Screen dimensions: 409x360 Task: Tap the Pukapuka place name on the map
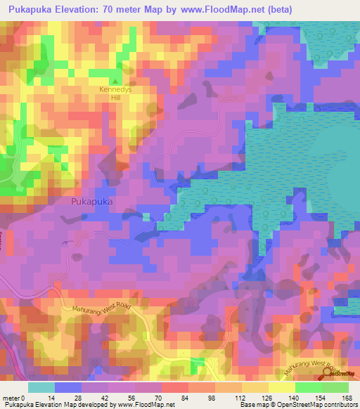coord(91,201)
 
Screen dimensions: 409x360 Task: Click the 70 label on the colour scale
coord(167,397)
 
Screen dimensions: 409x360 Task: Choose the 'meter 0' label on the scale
coord(13,397)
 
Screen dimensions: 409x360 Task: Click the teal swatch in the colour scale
coord(41,387)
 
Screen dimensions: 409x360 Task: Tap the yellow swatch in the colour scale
coord(255,387)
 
